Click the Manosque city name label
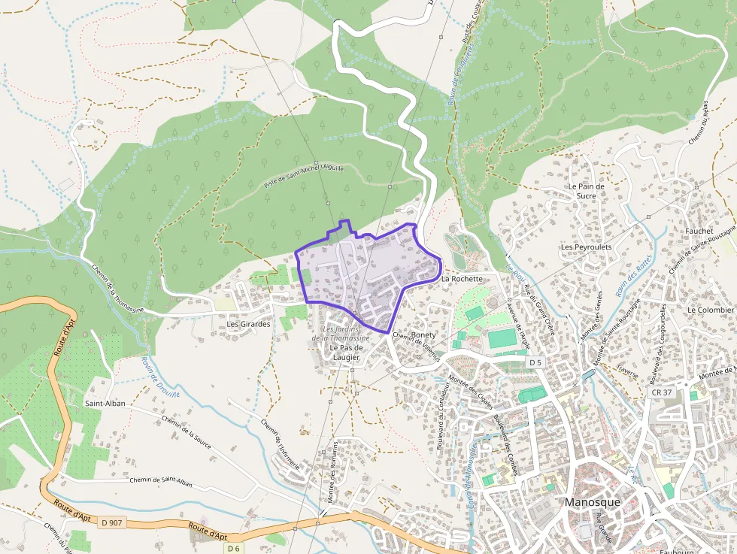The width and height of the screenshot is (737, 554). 593,502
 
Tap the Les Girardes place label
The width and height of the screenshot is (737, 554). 247,324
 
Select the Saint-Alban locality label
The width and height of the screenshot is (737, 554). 105,403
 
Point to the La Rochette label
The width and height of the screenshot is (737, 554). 462,279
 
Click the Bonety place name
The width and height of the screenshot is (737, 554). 424,335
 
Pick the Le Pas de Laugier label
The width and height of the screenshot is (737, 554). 347,353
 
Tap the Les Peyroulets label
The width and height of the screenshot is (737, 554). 586,247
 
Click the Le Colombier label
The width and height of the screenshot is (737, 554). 710,310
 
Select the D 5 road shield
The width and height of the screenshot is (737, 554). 535,362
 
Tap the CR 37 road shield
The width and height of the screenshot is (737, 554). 661,392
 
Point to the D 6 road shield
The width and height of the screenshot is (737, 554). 234,548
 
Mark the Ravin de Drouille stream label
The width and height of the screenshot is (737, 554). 156,376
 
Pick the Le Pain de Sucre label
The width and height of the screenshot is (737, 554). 587,191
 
